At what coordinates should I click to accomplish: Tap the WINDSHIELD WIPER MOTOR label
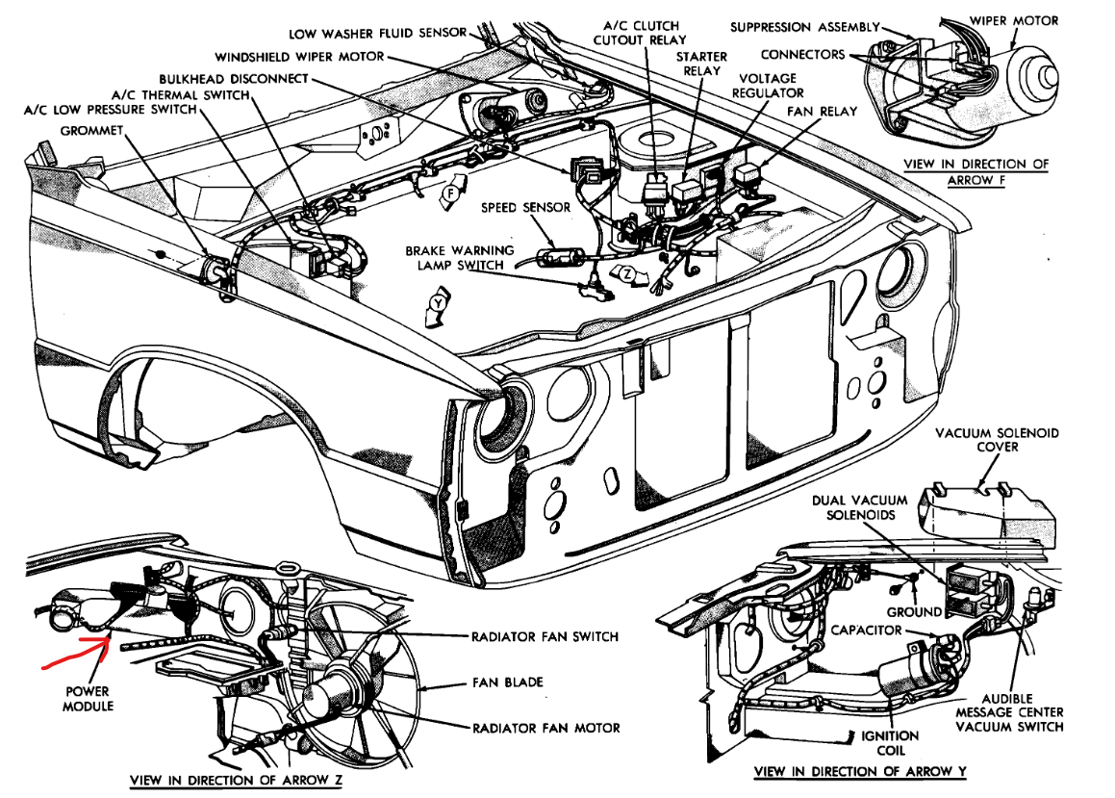point(299,56)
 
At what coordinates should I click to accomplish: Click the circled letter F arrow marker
point(448,194)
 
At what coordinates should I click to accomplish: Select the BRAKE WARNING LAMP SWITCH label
point(459,258)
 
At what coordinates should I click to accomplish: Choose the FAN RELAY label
point(822,112)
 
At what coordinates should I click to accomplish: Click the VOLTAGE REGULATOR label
point(768,85)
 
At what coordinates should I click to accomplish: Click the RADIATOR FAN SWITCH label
point(545,636)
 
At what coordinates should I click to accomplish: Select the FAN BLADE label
point(507,682)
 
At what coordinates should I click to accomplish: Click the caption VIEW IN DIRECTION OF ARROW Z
point(237,779)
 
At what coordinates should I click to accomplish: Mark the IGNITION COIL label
point(890,742)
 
